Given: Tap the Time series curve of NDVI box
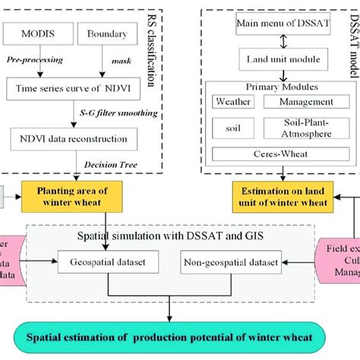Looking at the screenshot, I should coord(81,88).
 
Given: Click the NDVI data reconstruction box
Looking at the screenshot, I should coord(74,138).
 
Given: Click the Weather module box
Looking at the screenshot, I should coord(234,101).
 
